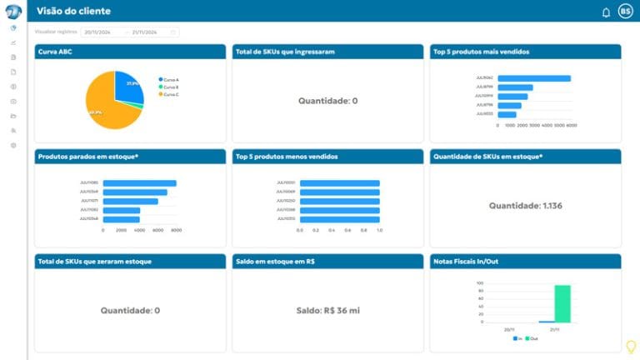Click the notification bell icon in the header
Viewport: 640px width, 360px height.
click(606, 12)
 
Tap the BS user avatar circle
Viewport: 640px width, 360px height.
click(625, 11)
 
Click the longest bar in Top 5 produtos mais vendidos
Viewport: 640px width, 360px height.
click(534, 78)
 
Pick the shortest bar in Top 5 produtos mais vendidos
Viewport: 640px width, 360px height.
click(507, 114)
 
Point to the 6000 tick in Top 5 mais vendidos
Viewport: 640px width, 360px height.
click(572, 125)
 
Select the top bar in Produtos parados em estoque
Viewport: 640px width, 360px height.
click(139, 182)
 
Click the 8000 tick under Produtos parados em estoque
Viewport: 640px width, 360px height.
click(176, 229)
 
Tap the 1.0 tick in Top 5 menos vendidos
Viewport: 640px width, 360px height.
click(379, 229)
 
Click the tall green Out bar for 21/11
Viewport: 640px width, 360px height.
click(562, 303)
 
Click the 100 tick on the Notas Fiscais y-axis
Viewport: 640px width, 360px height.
click(480, 283)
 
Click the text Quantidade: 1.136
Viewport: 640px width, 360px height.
click(526, 205)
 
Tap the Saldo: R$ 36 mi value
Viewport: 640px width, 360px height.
click(327, 310)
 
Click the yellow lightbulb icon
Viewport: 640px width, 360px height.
click(630, 347)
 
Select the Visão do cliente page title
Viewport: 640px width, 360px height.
click(73, 11)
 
